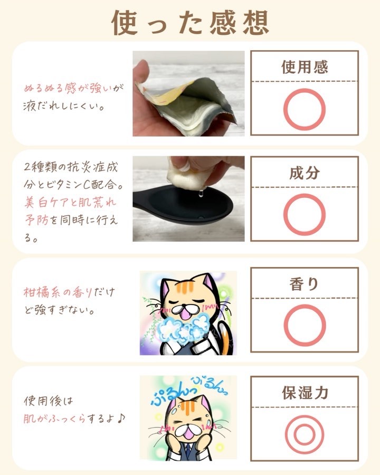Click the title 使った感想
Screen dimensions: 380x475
[x=191, y=22]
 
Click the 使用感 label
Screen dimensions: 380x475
[x=305, y=67]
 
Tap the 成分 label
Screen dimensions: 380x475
[x=305, y=173]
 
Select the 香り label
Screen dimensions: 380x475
[x=304, y=284]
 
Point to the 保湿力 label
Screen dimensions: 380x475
[x=305, y=393]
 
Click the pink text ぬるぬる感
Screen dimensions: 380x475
[x=51, y=88]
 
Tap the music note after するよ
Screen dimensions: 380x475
[x=121, y=419]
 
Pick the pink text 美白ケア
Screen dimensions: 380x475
[x=46, y=202]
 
